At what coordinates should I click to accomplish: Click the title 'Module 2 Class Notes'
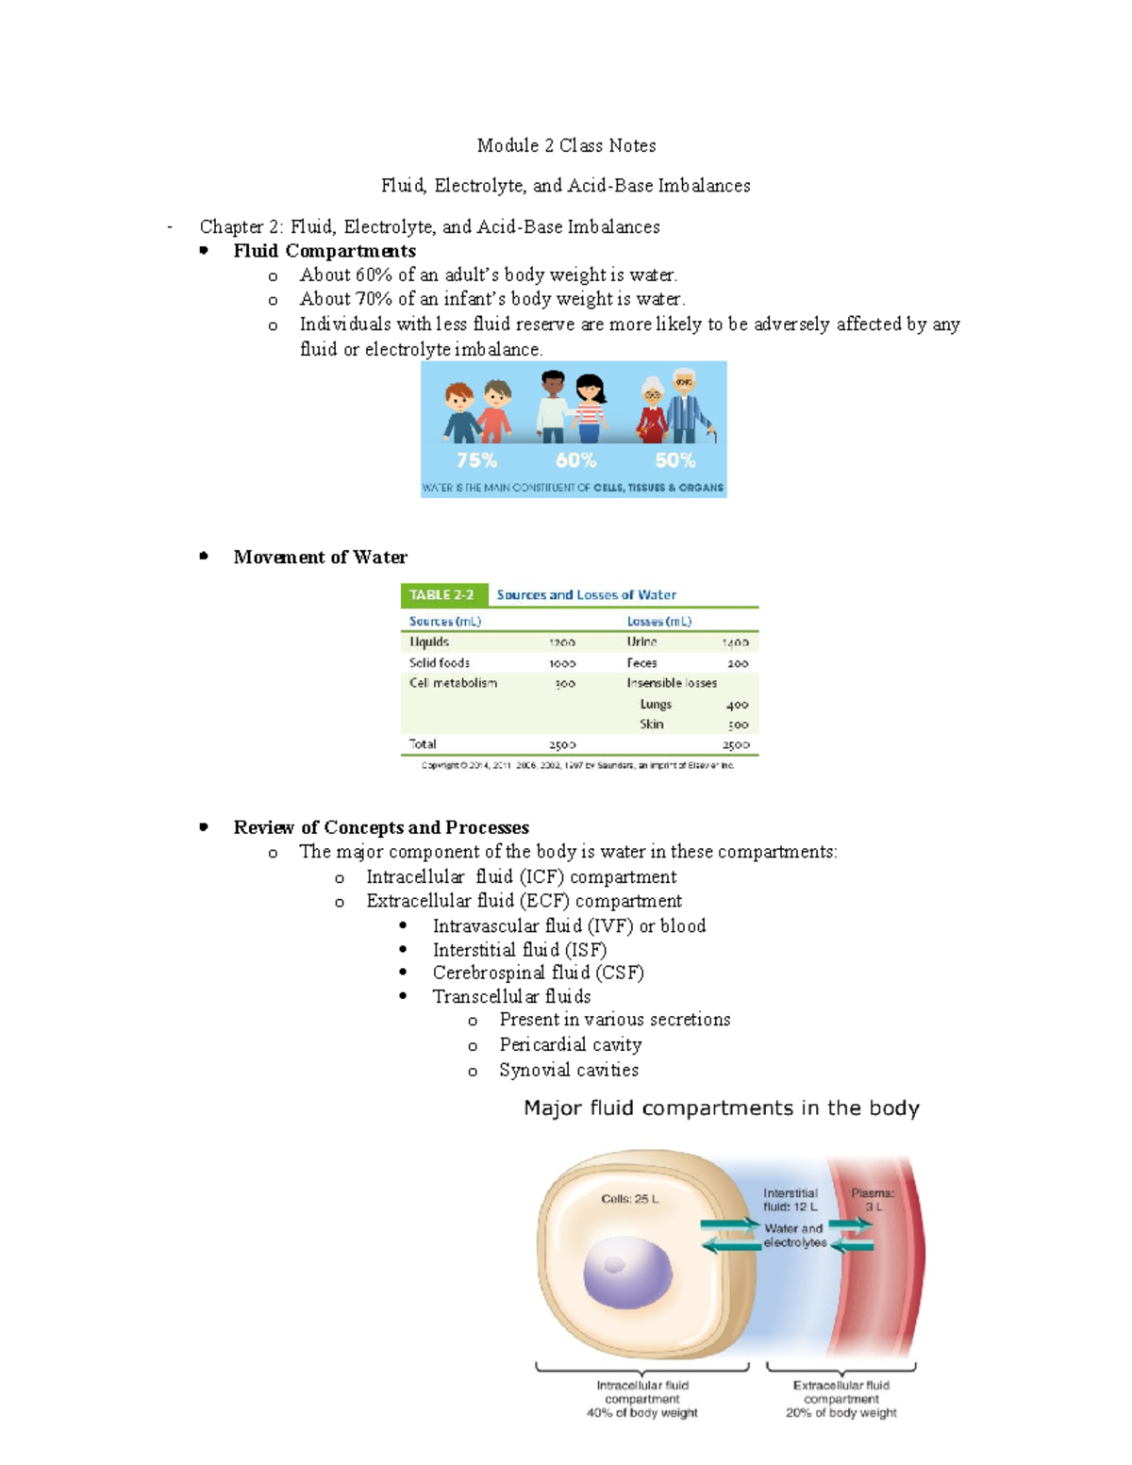tap(566, 145)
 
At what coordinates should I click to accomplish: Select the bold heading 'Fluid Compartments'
tap(325, 251)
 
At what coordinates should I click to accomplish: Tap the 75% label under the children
tap(476, 460)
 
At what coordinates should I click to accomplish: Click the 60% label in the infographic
tap(575, 460)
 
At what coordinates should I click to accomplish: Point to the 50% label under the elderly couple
tap(675, 460)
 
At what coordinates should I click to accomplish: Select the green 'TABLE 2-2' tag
tap(441, 595)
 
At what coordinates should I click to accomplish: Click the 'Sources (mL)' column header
tap(445, 622)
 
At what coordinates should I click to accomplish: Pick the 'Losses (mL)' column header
tap(659, 622)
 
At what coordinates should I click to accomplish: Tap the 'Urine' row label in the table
tap(642, 641)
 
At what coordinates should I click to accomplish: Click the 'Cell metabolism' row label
tap(453, 683)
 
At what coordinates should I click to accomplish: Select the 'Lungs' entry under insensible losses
tap(656, 704)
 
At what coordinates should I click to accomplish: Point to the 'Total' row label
tap(423, 744)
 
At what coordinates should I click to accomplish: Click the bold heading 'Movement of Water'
tap(320, 558)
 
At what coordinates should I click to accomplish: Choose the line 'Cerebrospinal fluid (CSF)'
tap(538, 973)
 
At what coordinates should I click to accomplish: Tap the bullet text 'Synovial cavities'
tap(569, 1070)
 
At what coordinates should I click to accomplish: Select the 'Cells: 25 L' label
tap(630, 1199)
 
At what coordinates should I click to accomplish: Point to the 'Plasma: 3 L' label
tap(873, 1199)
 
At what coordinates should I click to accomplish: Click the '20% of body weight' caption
tap(841, 1413)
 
